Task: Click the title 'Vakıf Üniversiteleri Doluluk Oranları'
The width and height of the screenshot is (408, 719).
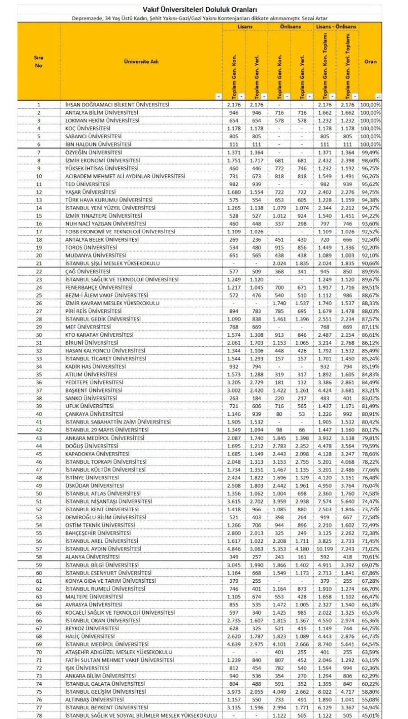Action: point(200,9)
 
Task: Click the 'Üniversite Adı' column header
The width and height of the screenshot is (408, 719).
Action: point(141,62)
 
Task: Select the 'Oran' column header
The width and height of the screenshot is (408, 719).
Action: point(370,62)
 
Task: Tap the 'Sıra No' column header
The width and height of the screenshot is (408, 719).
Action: point(39,62)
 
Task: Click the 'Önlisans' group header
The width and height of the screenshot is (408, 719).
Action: point(290,27)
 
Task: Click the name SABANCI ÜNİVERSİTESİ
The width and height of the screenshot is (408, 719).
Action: point(93,136)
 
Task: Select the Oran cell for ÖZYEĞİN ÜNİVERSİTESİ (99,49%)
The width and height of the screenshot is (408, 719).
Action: point(370,152)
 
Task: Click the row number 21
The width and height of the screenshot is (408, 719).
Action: point(39,263)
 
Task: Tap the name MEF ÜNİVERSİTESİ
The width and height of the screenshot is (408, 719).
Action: point(88,327)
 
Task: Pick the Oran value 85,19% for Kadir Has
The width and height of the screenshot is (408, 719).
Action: point(370,366)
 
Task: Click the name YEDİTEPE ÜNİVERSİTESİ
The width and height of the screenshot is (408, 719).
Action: point(94,382)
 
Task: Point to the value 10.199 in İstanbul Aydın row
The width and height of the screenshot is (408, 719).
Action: point(324,549)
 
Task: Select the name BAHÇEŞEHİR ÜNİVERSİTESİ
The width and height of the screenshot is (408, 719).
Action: point(98,533)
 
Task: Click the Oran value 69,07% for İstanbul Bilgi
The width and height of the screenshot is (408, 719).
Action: point(370,565)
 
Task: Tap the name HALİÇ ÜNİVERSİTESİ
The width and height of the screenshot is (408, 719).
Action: point(90,636)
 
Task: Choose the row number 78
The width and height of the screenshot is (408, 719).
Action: point(39,715)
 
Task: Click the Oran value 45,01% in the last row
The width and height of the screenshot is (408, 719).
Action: point(370,715)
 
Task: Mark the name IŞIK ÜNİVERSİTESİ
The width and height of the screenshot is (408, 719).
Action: point(87,668)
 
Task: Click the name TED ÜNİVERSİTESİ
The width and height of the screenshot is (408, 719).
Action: point(87,184)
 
